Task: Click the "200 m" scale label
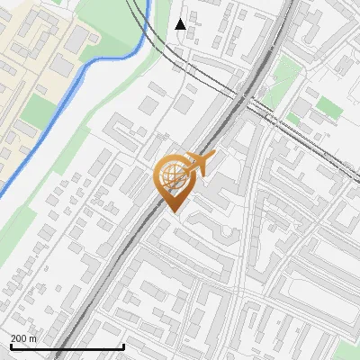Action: (x=24, y=338)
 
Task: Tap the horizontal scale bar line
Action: (x=67, y=347)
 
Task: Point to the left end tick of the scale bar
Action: (x=11, y=346)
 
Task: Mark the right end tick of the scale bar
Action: (x=123, y=346)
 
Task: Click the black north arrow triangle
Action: (x=180, y=24)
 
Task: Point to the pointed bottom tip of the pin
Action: (x=173, y=212)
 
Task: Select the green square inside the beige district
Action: (x=38, y=112)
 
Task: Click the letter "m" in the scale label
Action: (x=33, y=338)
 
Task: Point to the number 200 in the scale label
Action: (x=20, y=338)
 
